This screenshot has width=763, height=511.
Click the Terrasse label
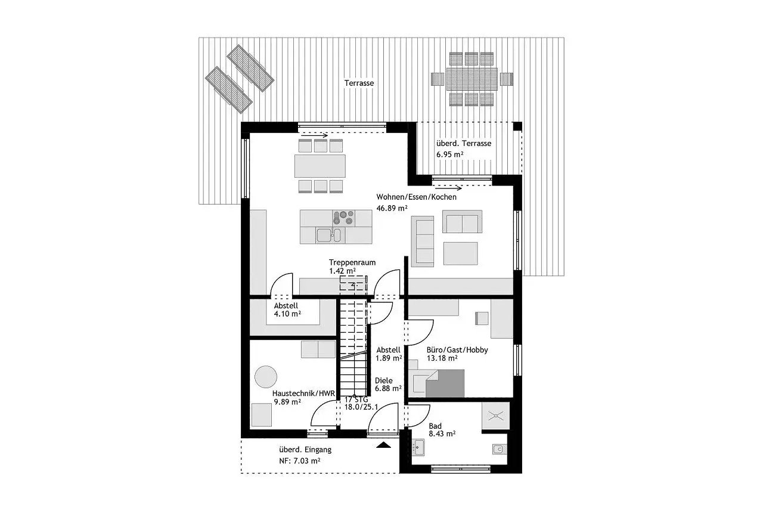tap(359, 83)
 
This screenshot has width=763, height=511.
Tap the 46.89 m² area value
tap(392, 208)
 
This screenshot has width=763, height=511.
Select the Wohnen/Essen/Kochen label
tap(416, 197)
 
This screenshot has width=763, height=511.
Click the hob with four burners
tap(343, 218)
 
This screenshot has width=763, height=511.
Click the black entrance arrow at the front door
tap(383, 445)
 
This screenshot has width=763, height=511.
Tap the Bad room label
tap(435, 426)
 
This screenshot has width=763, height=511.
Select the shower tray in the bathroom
tap(496, 415)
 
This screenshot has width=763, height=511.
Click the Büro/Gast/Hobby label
tap(457, 350)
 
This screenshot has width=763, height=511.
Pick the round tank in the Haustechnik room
tap(266, 377)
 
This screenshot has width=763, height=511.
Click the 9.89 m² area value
tap(287, 402)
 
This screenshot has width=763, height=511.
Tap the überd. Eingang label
tap(305, 450)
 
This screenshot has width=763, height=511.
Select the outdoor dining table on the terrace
tap(472, 79)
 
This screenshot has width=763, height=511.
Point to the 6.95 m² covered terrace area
tap(449, 154)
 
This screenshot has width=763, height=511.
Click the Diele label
tap(384, 380)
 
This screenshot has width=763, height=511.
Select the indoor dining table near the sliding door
tap(320, 166)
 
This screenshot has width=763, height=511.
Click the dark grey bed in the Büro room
tap(445, 383)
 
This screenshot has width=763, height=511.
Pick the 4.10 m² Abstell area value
tap(287, 314)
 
